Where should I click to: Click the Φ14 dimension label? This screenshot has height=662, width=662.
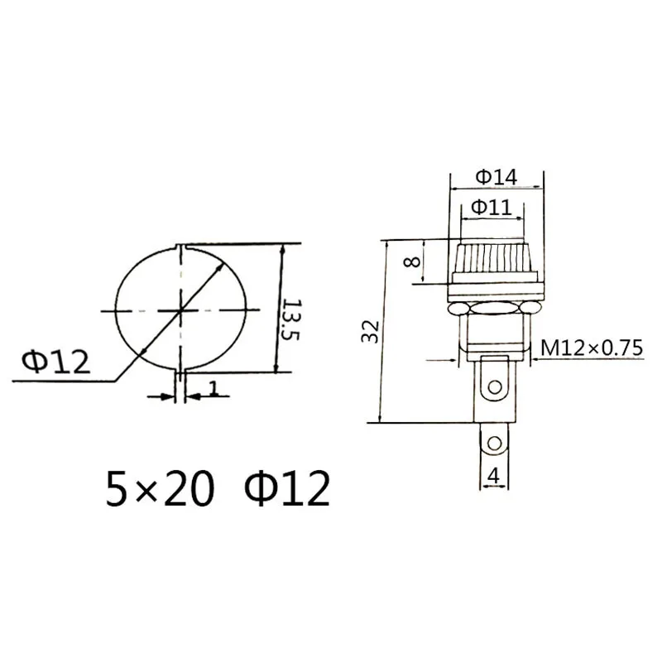(496, 177)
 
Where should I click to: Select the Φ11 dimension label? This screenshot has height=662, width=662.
(491, 208)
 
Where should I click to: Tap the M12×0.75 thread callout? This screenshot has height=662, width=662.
(592, 348)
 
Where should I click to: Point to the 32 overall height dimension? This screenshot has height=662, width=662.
(370, 332)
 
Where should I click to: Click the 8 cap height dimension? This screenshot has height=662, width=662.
(412, 261)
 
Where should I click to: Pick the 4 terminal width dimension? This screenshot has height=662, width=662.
(493, 477)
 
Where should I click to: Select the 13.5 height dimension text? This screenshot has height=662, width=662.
(291, 320)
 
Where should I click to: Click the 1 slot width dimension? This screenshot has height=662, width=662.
(214, 388)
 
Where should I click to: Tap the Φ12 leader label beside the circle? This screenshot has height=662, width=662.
(56, 362)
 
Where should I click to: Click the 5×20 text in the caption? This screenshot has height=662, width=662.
(160, 489)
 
